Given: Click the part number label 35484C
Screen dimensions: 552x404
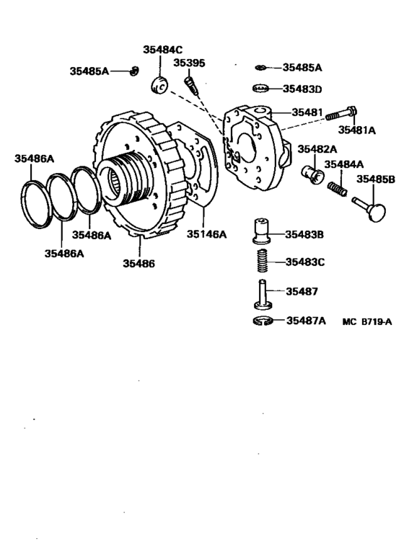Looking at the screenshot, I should point(163,50).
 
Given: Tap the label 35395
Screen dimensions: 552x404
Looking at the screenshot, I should point(192,63).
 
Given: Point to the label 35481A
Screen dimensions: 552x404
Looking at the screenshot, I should point(358,130).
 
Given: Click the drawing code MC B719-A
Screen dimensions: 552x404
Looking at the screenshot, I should point(366,322).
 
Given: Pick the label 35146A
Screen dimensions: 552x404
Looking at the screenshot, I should point(207,234).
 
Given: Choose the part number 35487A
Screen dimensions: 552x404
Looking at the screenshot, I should point(306,321).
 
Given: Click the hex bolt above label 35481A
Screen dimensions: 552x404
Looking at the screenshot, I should point(343,114).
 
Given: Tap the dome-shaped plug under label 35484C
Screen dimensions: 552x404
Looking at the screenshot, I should point(159,84).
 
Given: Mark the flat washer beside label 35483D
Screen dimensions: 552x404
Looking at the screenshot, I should point(262,89).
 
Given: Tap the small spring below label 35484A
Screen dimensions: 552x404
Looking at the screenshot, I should point(339,189).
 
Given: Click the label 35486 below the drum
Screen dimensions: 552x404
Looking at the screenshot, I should point(139,264).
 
